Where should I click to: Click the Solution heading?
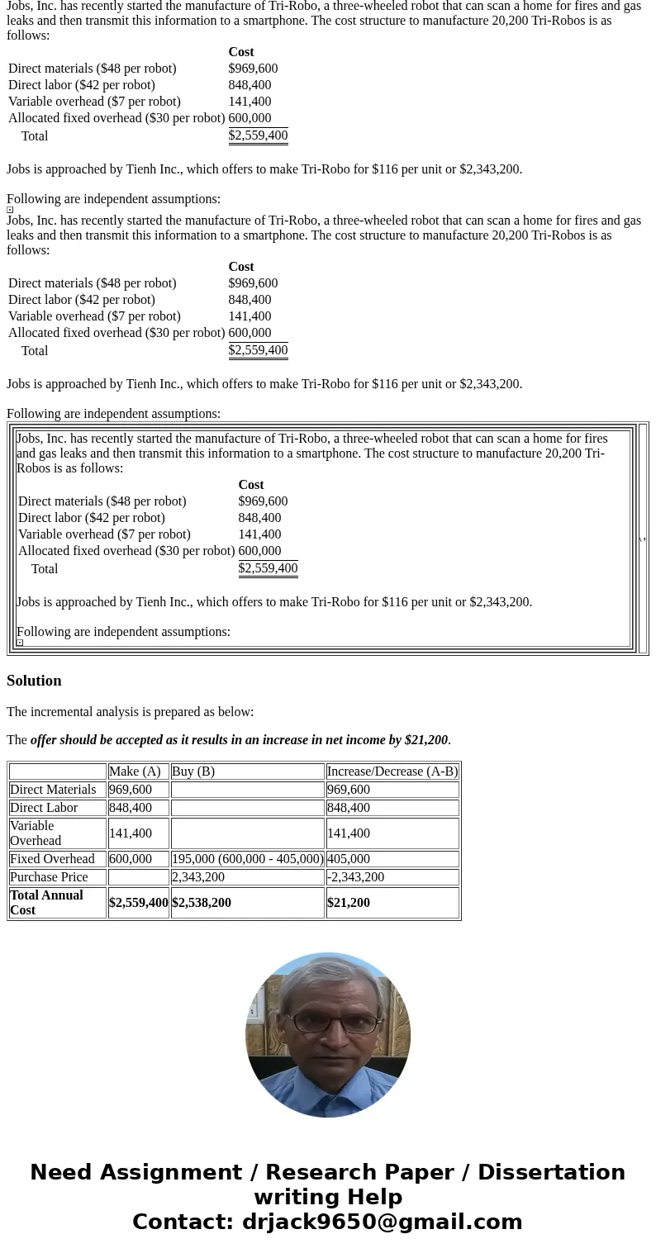click(x=34, y=681)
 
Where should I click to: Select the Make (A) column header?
click(x=135, y=771)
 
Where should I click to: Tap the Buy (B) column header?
click(x=193, y=771)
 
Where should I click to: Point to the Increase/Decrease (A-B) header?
click(x=392, y=771)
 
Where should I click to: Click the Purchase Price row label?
click(x=49, y=877)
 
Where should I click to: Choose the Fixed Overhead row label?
click(x=52, y=859)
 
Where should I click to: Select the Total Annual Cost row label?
click(x=46, y=903)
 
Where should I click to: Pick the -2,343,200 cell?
click(x=355, y=877)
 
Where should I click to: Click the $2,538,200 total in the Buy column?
click(x=202, y=903)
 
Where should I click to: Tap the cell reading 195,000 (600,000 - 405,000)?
click(x=247, y=859)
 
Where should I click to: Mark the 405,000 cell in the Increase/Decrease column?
click(x=349, y=859)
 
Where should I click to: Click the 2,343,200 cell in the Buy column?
click(x=198, y=877)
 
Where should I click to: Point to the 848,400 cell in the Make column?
click(x=131, y=808)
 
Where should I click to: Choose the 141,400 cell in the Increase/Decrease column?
click(x=349, y=833)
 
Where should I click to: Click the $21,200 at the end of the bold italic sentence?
click(x=425, y=740)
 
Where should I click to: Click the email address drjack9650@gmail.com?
click(x=382, y=1222)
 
